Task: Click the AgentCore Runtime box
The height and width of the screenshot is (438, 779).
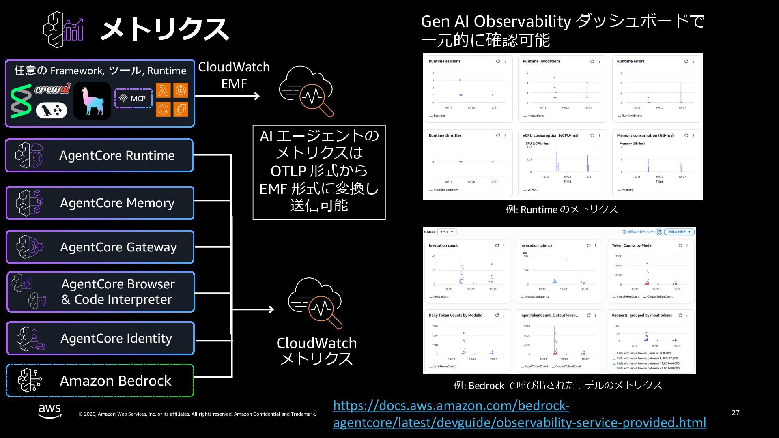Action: tap(99, 155)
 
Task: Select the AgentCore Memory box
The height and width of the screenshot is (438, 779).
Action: tap(100, 203)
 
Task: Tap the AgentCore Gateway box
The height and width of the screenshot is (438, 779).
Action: tap(100, 247)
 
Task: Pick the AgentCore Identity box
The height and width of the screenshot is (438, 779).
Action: tap(100, 338)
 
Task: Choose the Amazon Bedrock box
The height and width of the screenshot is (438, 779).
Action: tap(100, 381)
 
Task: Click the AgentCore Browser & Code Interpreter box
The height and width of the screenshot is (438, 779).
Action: tap(101, 292)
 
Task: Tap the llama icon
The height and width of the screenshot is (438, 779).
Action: tap(92, 101)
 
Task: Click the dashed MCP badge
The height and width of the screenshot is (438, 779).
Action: tap(133, 99)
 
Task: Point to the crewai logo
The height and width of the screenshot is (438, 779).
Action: tap(52, 89)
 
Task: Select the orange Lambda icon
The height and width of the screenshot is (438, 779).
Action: tap(163, 90)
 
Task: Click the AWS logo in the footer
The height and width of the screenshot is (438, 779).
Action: tap(49, 411)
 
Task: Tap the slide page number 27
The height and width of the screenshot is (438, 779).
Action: tap(736, 413)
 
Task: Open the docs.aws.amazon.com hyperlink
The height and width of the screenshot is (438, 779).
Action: tap(519, 414)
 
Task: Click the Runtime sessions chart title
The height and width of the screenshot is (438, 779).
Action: tap(444, 62)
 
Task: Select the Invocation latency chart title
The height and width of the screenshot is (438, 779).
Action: tap(536, 246)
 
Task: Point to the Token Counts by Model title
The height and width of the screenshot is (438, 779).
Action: tap(632, 246)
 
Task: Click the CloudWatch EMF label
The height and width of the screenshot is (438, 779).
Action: tap(234, 75)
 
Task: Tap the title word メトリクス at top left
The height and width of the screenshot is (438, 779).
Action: tap(164, 29)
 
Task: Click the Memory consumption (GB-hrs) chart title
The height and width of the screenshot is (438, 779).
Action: tap(645, 136)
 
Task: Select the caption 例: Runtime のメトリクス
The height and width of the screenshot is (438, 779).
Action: tap(562, 210)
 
